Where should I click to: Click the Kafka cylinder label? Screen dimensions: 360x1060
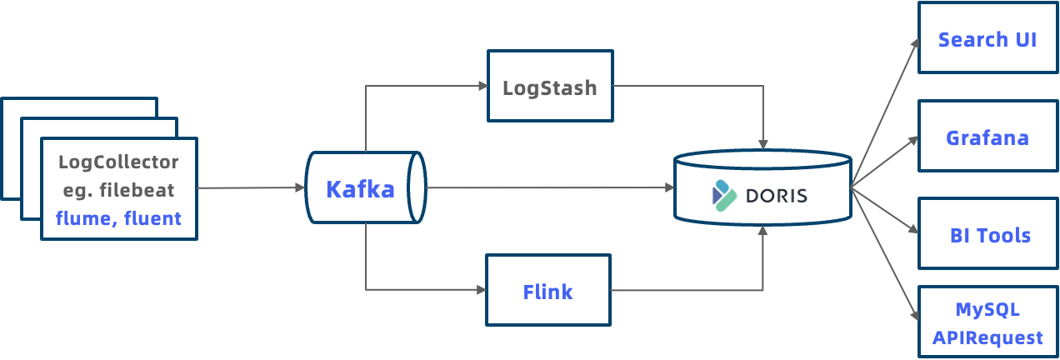click(360, 189)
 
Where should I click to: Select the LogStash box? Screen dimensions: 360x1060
click(550, 87)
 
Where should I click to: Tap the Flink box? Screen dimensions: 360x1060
click(548, 291)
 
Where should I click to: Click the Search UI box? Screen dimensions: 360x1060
click(987, 38)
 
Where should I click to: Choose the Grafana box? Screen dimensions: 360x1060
click(987, 137)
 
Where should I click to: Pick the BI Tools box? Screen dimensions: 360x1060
click(988, 235)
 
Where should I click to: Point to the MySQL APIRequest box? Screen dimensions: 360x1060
click(987, 323)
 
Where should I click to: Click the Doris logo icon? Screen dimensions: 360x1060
click(723, 194)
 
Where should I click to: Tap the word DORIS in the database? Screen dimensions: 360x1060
click(776, 196)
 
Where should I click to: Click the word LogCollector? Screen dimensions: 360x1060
click(118, 162)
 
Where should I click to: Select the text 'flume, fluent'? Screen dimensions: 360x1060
click(118, 219)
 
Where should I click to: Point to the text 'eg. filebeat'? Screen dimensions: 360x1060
click(118, 190)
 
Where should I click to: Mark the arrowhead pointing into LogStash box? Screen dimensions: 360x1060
click(482, 85)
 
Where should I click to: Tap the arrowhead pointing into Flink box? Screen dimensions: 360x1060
click(481, 290)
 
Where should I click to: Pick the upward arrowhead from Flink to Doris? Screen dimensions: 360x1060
click(762, 230)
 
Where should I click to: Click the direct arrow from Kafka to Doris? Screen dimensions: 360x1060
click(550, 187)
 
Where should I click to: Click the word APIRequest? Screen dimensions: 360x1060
click(987, 337)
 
